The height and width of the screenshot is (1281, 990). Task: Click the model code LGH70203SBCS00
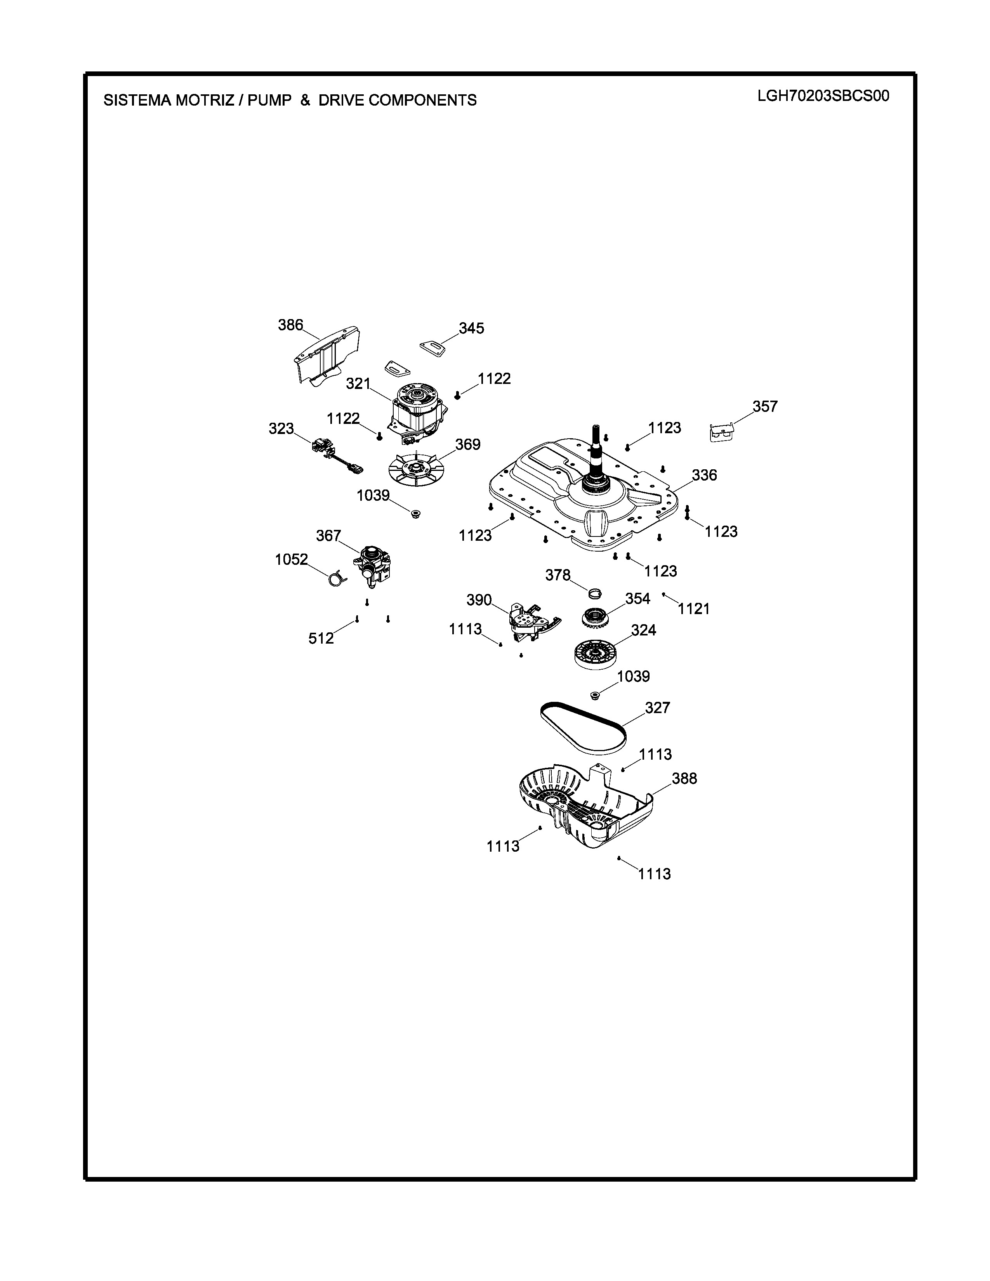[823, 95]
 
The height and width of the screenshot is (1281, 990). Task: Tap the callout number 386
[290, 325]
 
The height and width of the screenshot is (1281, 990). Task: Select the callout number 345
[472, 328]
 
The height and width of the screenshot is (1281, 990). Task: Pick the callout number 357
[765, 406]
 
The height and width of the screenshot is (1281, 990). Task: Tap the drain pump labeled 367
[373, 564]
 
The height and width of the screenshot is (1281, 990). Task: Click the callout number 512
[321, 638]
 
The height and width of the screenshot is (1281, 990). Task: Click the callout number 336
[704, 475]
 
